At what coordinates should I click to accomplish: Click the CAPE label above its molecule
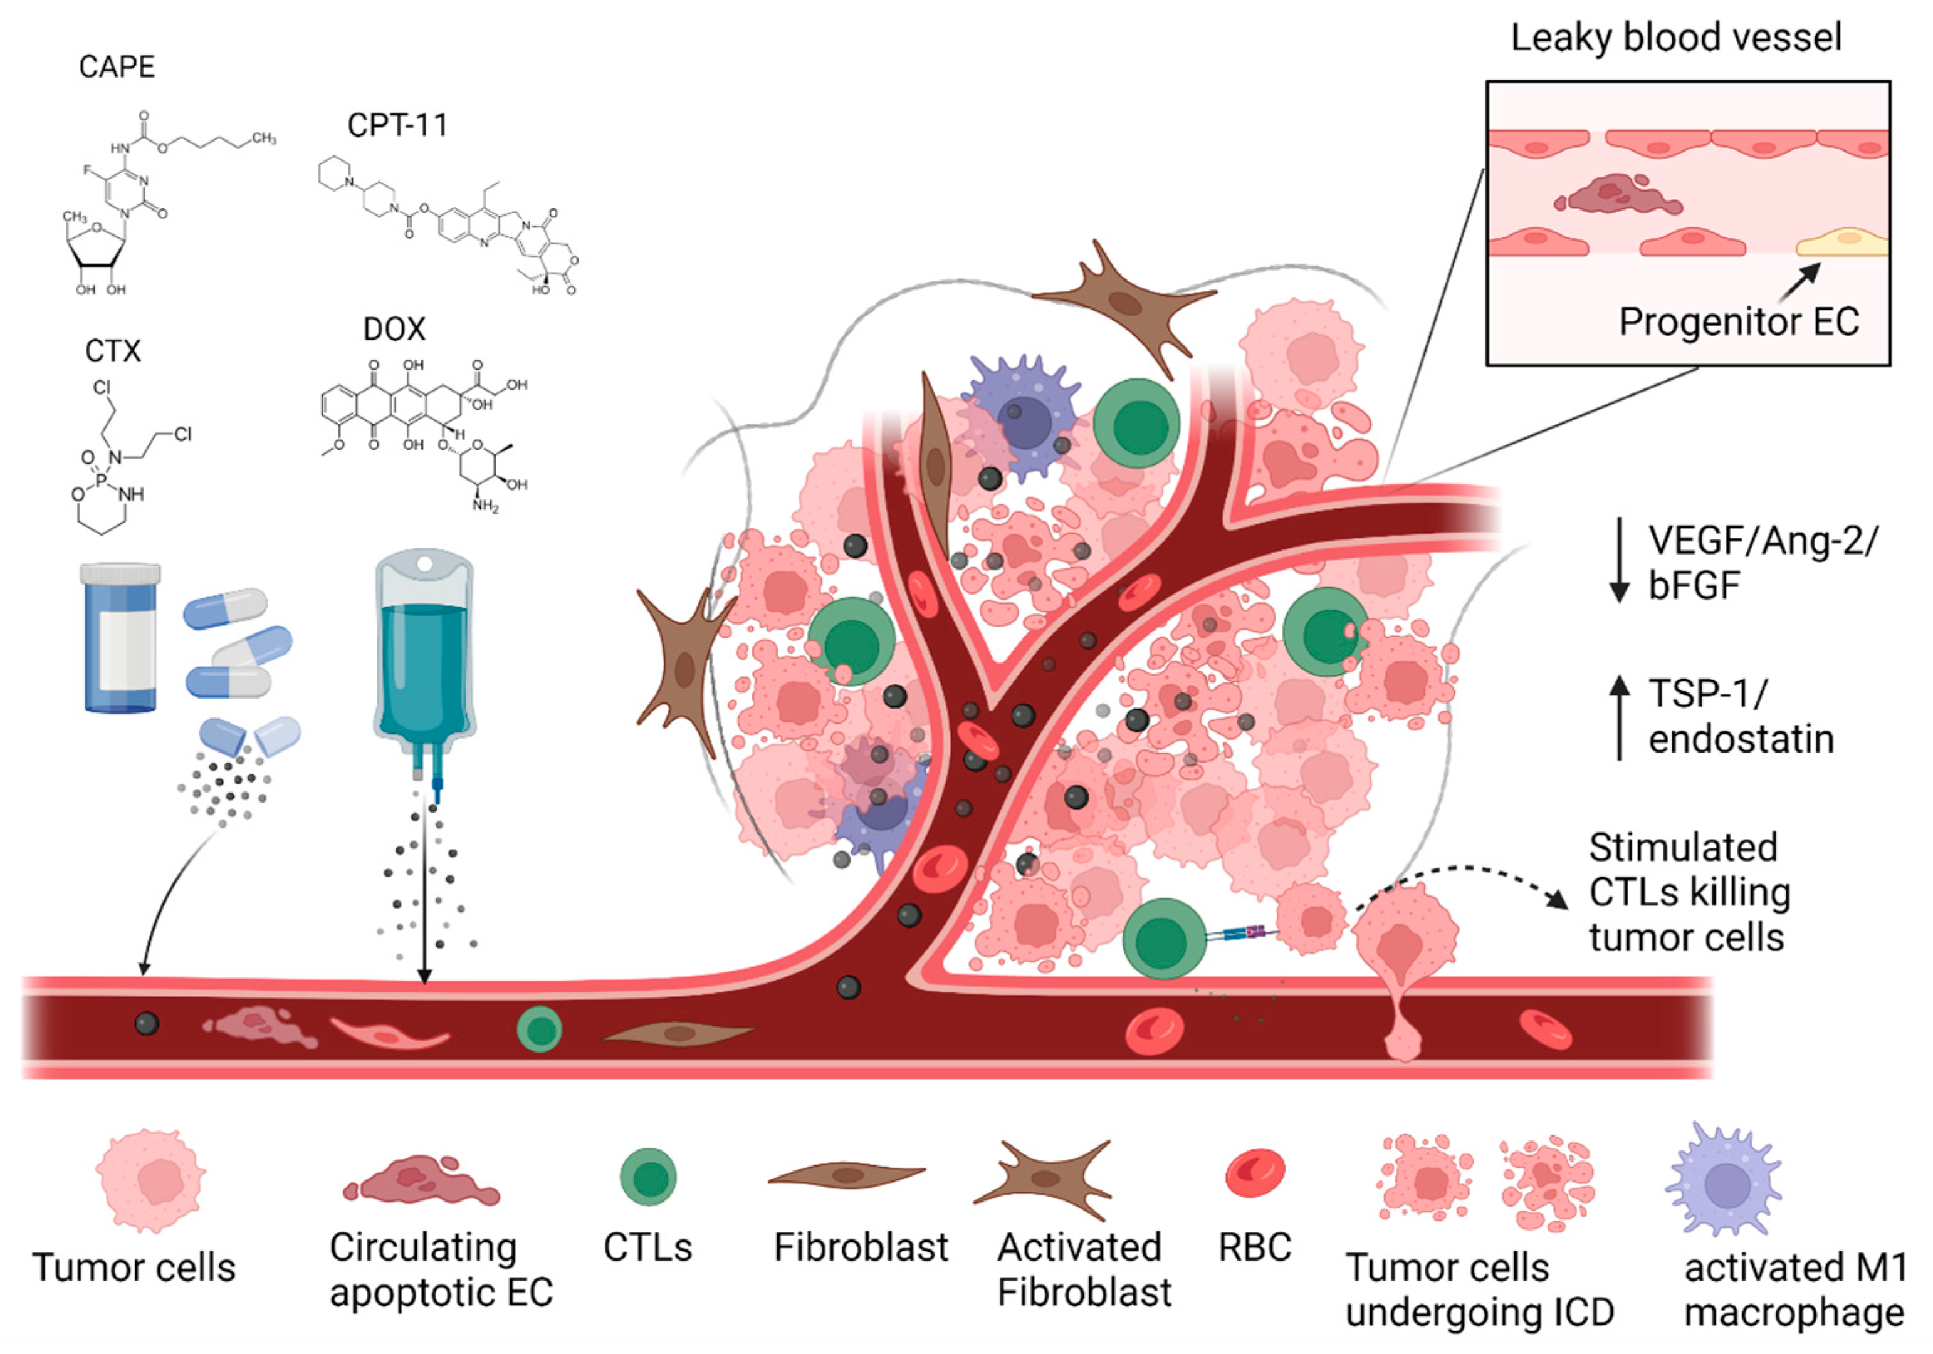click(x=117, y=67)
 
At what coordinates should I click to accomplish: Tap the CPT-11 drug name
click(x=397, y=125)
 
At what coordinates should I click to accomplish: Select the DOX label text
click(x=394, y=328)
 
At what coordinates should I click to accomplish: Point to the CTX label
click(x=113, y=350)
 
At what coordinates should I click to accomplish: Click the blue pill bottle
click(x=120, y=638)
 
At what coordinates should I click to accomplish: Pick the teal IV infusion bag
click(x=424, y=665)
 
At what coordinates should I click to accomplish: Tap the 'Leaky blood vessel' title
click(x=1676, y=38)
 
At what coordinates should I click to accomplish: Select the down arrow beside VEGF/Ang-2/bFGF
click(x=1618, y=560)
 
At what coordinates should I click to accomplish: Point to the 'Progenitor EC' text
click(x=1739, y=321)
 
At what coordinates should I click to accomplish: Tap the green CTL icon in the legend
click(x=648, y=1177)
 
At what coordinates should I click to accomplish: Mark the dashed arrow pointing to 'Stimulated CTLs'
click(x=1463, y=883)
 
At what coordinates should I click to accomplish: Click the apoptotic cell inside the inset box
click(x=1617, y=196)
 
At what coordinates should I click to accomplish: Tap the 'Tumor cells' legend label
click(x=134, y=1268)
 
